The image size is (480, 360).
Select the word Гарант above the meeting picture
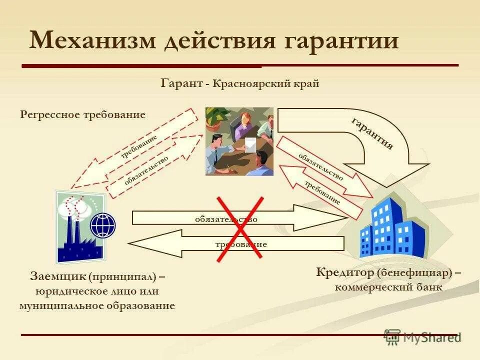pos(181,83)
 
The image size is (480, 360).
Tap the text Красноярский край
pos(265,83)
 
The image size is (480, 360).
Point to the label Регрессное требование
pos(82,114)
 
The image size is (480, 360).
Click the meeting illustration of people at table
pos(239,141)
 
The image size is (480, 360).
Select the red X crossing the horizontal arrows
pos(240,227)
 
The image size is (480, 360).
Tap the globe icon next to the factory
pos(102,225)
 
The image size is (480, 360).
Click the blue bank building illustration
pos(392,227)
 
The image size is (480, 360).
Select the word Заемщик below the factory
pos(58,276)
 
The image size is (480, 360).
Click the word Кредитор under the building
pos(345,273)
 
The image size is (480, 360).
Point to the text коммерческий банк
pos(388,287)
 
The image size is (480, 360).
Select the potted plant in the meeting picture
pos(216,117)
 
